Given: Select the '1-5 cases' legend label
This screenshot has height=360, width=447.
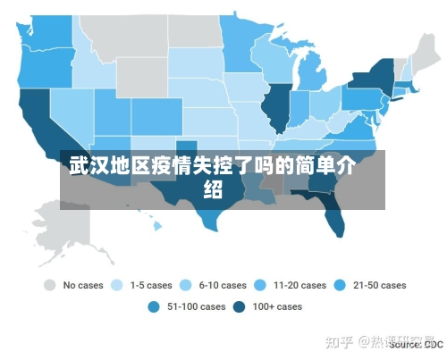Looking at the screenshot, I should click(150, 286).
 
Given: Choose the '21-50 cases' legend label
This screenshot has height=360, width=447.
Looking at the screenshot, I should click(379, 286).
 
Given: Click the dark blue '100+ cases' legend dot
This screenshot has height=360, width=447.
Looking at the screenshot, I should click(239, 306).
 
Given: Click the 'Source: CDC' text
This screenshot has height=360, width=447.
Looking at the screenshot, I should click(416, 344).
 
